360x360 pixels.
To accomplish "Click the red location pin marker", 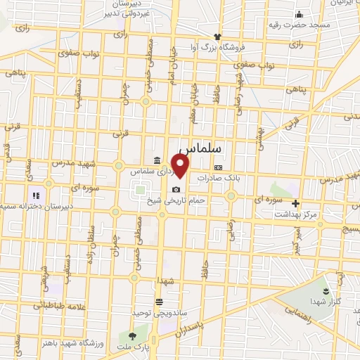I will [x=181, y=167].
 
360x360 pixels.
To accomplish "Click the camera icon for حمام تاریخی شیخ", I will [x=176, y=188].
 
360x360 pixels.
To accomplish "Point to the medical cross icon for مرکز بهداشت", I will [x=295, y=203].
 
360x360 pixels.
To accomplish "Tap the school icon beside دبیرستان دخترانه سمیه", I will [x=35, y=195].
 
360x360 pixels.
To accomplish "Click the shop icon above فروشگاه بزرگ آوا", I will [x=218, y=37].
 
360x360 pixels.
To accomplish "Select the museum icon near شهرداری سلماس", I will [x=155, y=160].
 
